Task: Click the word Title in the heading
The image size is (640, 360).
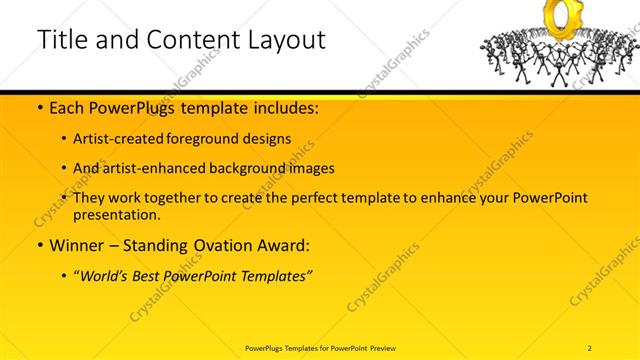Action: point(61,40)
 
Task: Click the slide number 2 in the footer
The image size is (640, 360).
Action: point(590,347)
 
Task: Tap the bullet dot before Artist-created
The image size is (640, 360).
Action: point(65,140)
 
